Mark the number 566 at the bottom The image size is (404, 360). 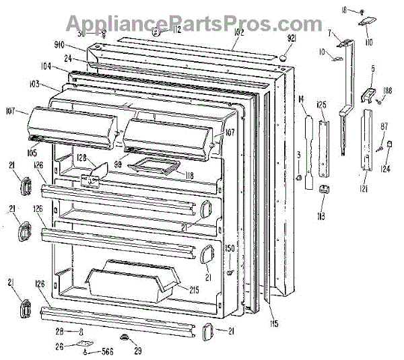pos(108,351)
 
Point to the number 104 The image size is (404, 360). pos(65,66)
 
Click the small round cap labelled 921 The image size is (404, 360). pos(282,57)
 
